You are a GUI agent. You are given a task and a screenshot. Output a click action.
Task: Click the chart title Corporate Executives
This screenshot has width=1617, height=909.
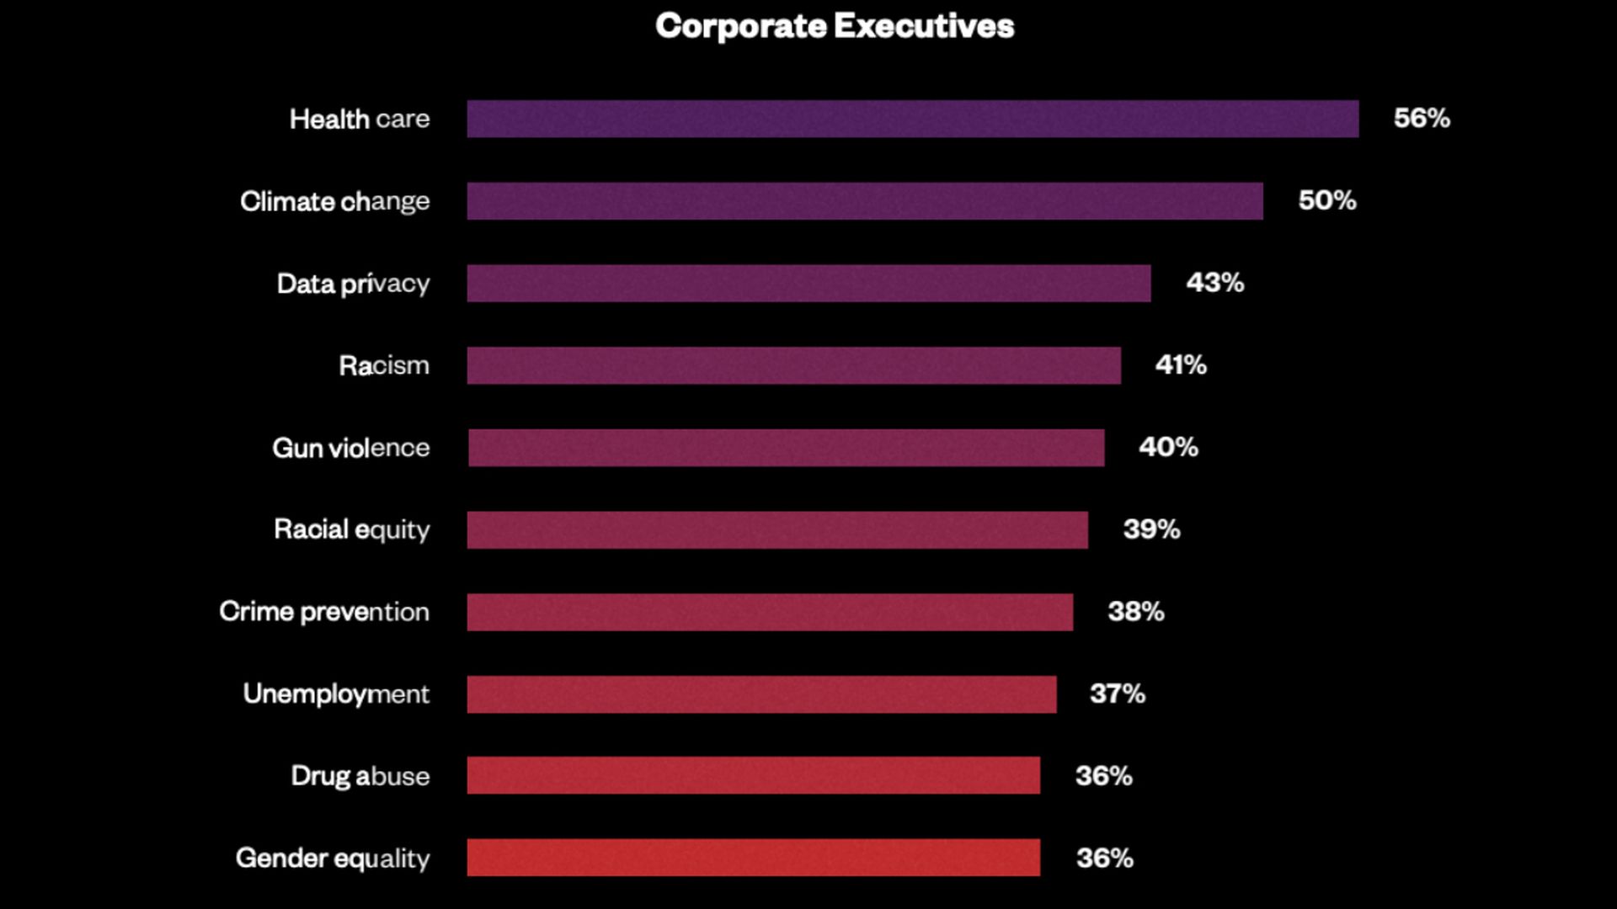[x=834, y=26]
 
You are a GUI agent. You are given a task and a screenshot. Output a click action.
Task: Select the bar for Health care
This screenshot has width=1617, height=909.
[x=912, y=119]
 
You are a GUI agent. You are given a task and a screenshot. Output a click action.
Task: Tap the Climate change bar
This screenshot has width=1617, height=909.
[x=865, y=201]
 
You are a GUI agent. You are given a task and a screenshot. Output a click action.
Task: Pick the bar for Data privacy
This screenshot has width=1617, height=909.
[x=808, y=284]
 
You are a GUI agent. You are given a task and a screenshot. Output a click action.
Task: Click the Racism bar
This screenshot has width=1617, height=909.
[x=793, y=365]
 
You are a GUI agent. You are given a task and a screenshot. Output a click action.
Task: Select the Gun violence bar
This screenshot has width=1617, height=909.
[x=786, y=448]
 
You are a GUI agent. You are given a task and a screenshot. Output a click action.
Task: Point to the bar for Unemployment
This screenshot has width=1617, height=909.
[x=761, y=694]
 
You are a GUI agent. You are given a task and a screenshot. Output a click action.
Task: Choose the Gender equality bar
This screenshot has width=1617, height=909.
[x=753, y=858]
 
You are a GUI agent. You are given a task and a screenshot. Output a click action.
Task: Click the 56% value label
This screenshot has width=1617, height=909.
[x=1422, y=118]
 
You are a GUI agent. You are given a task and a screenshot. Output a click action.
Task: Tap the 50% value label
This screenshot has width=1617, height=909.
[x=1327, y=200]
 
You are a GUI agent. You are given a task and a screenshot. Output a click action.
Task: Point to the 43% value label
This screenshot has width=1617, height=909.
[x=1214, y=283]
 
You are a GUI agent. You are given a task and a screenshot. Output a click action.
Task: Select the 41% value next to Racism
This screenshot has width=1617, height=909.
[x=1181, y=364]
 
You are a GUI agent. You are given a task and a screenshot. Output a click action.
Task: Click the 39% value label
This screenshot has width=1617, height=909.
[x=1151, y=529]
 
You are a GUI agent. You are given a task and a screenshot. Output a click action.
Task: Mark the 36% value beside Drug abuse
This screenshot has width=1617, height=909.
[x=1103, y=776]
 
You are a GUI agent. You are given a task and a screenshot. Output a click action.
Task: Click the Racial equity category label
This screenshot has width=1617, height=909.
[x=351, y=530]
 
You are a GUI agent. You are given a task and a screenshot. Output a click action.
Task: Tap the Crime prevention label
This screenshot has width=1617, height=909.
[x=324, y=612]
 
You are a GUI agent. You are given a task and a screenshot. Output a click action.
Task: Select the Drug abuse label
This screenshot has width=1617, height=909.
[x=360, y=776]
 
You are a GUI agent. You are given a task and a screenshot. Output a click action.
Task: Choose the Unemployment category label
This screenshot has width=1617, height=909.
[x=336, y=694]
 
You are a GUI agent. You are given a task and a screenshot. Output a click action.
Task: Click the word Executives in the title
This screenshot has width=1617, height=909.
[x=924, y=26]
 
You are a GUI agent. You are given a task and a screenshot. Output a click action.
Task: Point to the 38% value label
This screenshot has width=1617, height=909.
[x=1135, y=611]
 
